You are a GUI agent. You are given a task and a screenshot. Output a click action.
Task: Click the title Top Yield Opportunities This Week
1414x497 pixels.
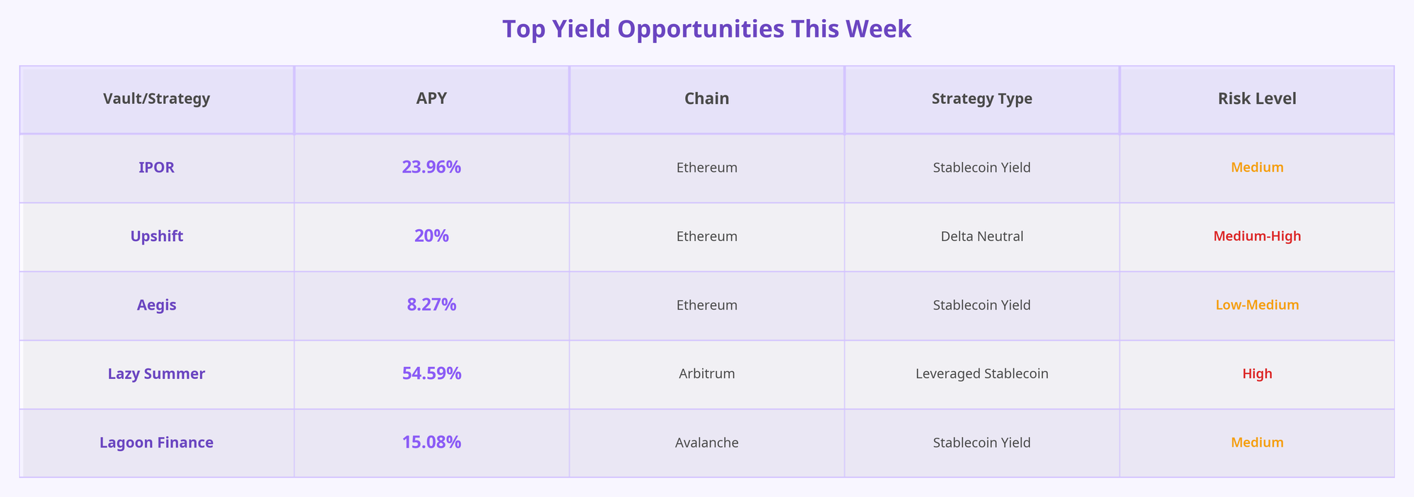click(706, 29)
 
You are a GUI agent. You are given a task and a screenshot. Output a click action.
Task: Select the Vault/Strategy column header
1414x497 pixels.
click(156, 99)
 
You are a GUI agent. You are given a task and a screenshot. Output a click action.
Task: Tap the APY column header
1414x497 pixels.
click(431, 99)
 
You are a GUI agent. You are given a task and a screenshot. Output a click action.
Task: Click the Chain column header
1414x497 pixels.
click(706, 99)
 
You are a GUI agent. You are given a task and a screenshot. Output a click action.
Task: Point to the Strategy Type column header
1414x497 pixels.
click(981, 99)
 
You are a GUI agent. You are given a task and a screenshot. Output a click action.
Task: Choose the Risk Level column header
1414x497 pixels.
click(1256, 99)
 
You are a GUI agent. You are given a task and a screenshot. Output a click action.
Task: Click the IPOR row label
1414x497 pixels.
click(156, 168)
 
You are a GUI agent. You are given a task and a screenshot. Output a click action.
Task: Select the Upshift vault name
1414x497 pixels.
click(156, 236)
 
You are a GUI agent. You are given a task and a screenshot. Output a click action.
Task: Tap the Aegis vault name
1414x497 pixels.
click(156, 305)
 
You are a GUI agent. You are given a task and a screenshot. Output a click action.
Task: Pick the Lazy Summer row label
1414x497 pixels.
click(156, 374)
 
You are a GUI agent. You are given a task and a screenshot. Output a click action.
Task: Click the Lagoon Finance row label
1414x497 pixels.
click(156, 443)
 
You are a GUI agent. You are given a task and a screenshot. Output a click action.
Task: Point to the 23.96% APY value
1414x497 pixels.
click(431, 168)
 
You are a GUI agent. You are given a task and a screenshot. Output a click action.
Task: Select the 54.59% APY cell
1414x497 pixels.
click(431, 374)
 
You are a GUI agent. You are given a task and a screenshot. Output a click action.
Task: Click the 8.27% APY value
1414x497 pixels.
click(431, 305)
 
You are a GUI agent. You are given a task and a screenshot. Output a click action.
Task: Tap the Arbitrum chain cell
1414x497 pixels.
click(706, 374)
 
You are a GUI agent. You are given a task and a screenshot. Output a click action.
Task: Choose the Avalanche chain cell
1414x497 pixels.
click(706, 443)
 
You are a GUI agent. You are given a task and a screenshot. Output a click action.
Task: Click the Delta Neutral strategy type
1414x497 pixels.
click(981, 236)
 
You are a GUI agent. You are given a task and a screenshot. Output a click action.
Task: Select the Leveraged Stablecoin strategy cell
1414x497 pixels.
click(981, 374)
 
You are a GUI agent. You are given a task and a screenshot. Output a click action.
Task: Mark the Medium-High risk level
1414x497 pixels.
click(1256, 236)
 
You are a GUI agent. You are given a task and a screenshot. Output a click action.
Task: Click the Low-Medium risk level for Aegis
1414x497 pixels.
click(1256, 305)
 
